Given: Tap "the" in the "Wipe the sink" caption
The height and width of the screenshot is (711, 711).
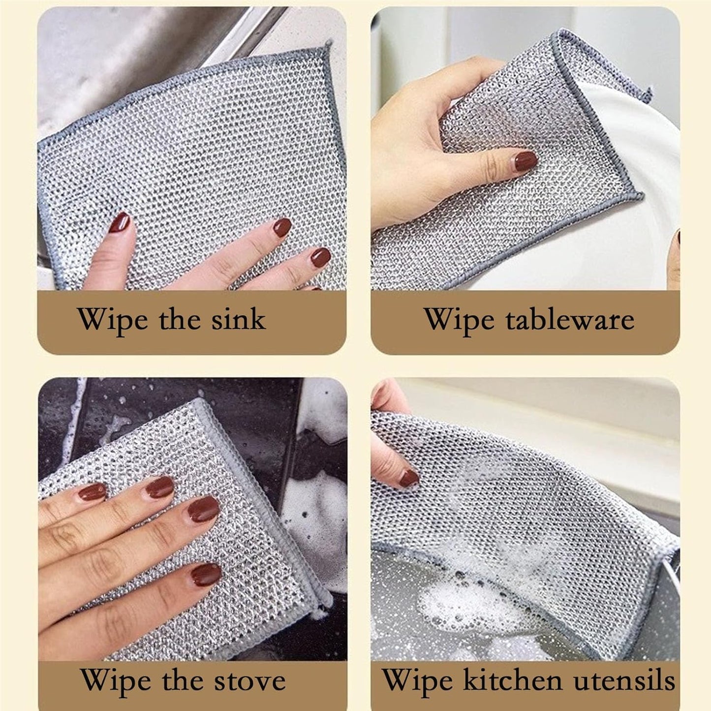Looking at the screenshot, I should tap(180, 319).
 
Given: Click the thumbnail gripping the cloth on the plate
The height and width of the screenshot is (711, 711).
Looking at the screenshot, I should tap(525, 160).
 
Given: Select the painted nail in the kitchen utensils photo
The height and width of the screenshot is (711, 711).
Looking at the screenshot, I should tap(409, 478).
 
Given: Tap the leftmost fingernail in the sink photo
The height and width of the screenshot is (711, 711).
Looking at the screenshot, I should tap(120, 223).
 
